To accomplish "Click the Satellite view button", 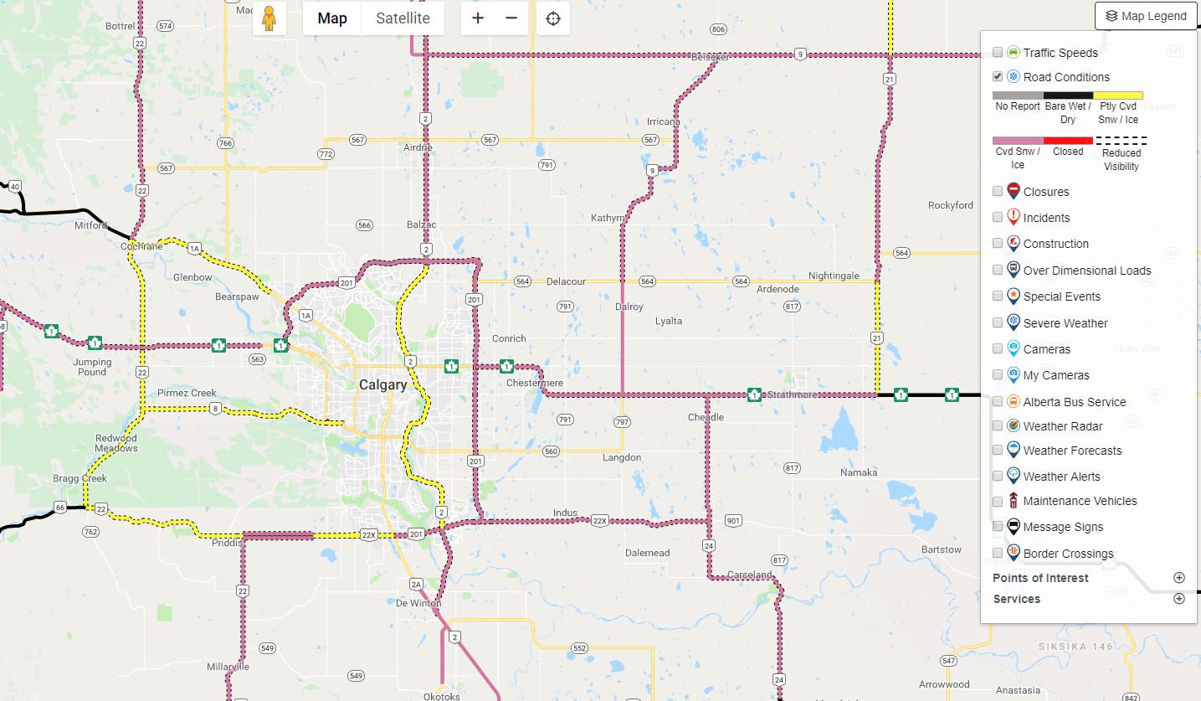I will [x=403, y=18].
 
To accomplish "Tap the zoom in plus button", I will [x=478, y=18].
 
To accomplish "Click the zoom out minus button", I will [x=511, y=18].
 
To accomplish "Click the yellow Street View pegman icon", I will [x=269, y=18].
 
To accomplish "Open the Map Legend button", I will [x=1146, y=16].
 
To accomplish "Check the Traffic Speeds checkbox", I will [x=998, y=52].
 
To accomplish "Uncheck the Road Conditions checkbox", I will [x=998, y=76].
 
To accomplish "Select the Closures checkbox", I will [x=998, y=191].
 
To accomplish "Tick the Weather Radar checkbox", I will [x=998, y=425].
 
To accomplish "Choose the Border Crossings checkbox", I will [x=998, y=553].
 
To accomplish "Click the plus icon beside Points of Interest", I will [x=1179, y=578].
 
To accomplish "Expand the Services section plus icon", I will [x=1179, y=599].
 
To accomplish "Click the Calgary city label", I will [x=382, y=385].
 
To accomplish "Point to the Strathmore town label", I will [x=792, y=394].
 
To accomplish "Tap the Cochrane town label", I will [x=141, y=246].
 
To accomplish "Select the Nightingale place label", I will [x=834, y=276].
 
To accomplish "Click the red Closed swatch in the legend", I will [x=1068, y=141].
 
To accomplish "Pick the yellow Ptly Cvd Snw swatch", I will [x=1118, y=95].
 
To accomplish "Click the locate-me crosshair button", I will [x=552, y=18].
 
